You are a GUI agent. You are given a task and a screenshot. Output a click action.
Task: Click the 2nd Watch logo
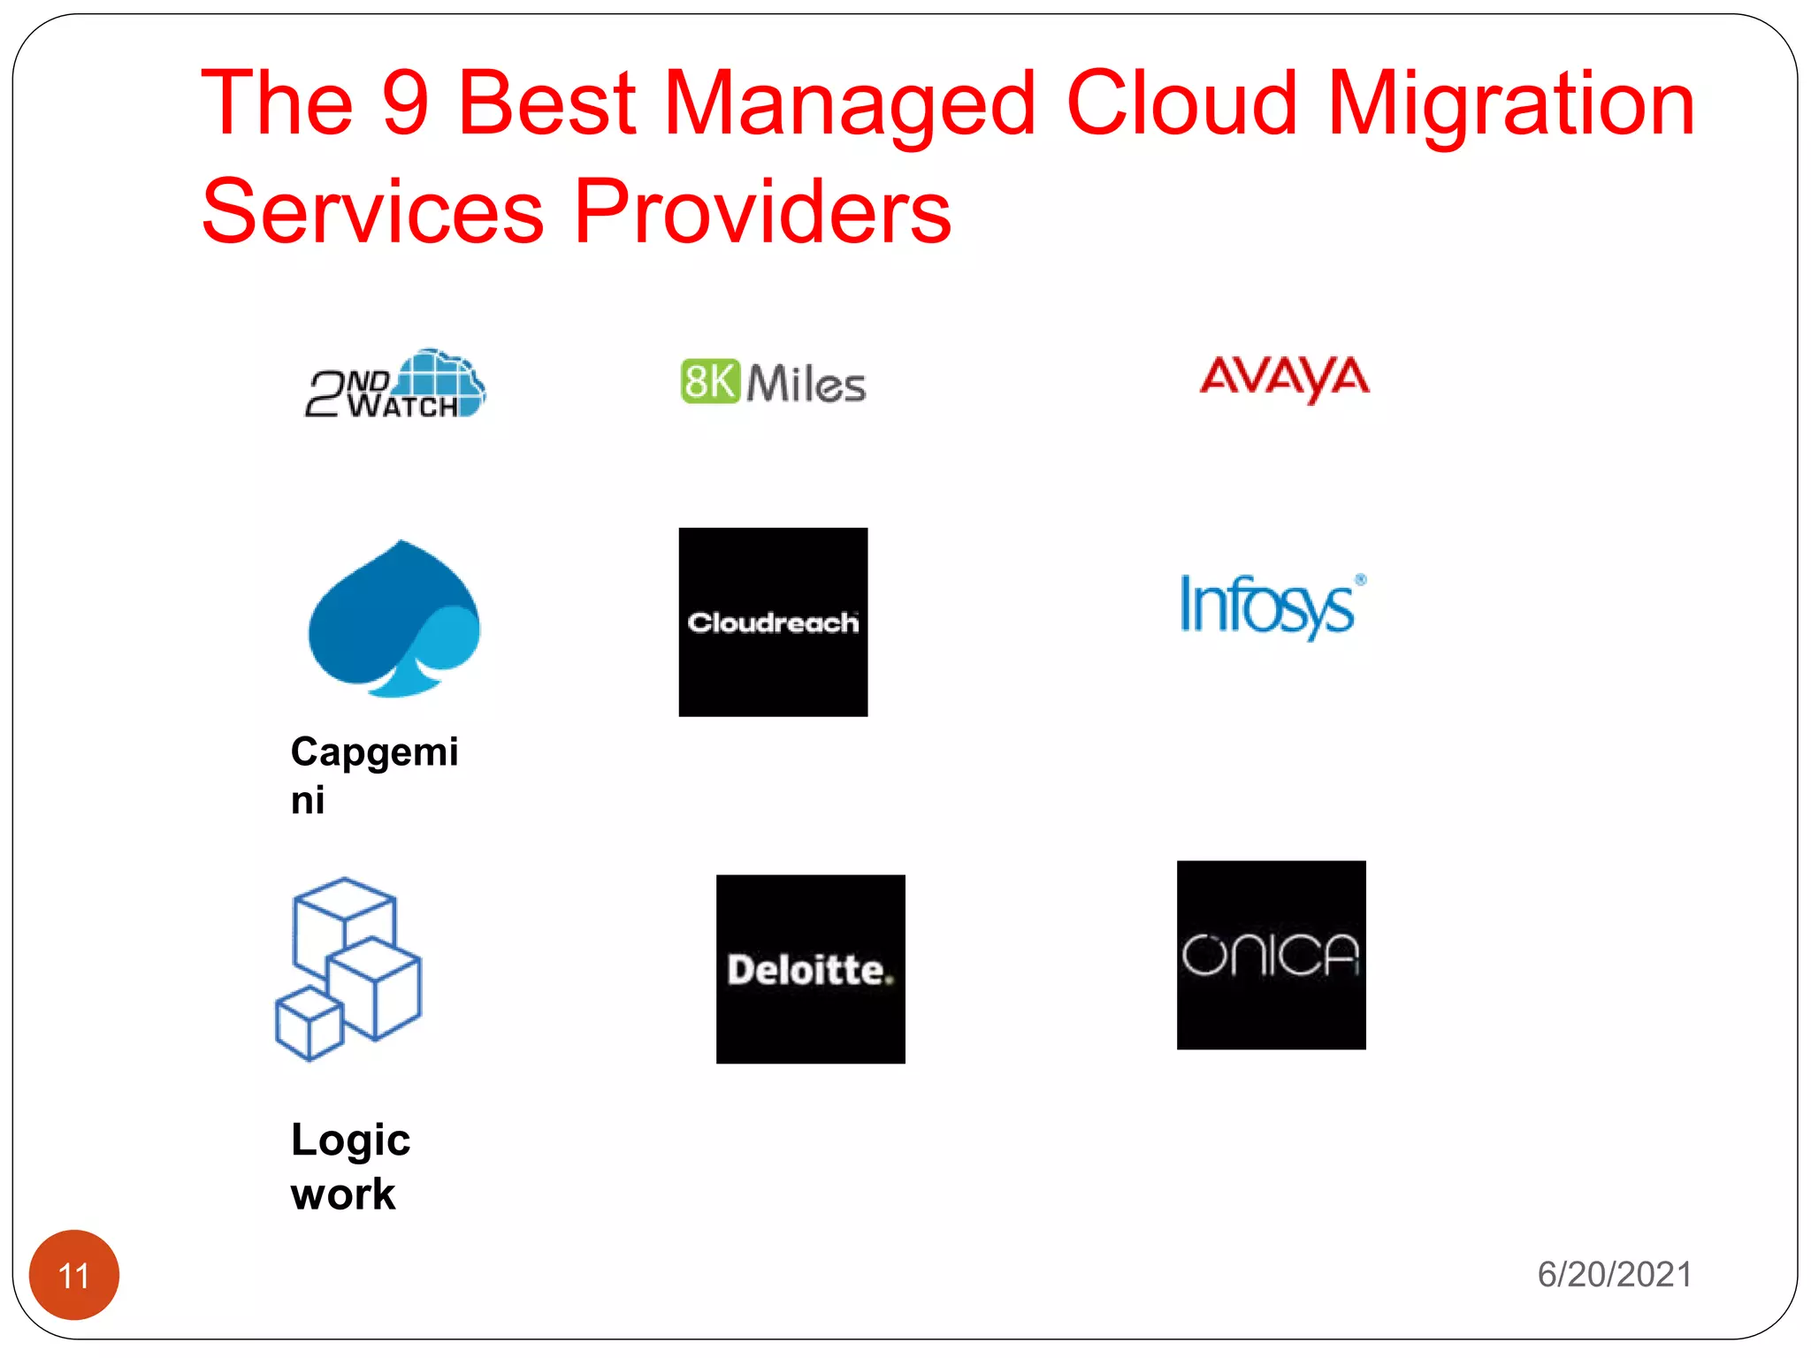point(395,385)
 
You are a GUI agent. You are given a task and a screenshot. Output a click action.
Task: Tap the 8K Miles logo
point(773,383)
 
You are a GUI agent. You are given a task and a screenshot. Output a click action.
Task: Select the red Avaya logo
point(1284,378)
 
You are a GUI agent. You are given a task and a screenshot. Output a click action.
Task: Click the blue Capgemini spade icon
point(394,619)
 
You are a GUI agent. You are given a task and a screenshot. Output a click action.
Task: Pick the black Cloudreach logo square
point(773,622)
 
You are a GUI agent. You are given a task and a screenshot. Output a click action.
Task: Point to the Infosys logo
point(1272,606)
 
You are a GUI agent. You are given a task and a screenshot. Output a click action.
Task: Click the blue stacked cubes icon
point(348,969)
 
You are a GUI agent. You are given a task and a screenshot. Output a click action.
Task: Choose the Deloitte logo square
point(810,969)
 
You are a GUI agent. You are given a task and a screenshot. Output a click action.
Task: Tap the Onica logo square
point(1271,955)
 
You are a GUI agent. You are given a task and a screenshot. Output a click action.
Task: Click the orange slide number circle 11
point(74,1274)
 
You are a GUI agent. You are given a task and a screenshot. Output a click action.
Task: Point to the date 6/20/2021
point(1614,1274)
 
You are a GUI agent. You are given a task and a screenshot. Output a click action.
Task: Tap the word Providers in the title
point(762,212)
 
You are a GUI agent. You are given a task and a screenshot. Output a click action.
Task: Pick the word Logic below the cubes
point(350,1141)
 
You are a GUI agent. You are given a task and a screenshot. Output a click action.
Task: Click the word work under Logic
point(343,1194)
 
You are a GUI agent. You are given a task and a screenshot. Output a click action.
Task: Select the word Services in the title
point(372,212)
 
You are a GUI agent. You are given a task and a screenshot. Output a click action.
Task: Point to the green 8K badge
point(709,382)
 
